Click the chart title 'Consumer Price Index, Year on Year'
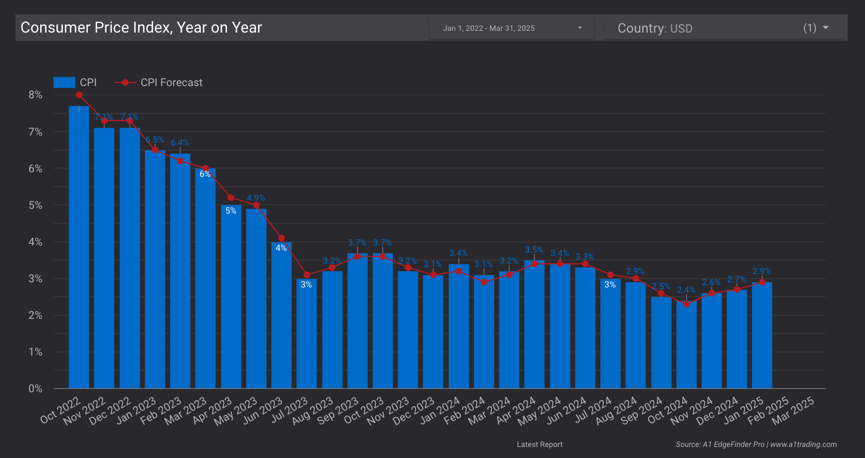(x=141, y=27)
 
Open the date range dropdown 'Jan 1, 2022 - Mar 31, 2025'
(x=512, y=28)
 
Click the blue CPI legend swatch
(x=64, y=83)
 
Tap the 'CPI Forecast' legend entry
(x=171, y=83)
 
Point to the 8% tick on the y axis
(x=35, y=95)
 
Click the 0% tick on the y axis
(x=35, y=388)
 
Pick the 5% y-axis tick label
(x=35, y=205)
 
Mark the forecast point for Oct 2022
(x=79, y=95)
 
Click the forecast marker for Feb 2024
(x=484, y=282)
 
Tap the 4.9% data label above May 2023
(x=256, y=197)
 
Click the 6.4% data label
(x=180, y=143)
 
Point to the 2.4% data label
(x=686, y=290)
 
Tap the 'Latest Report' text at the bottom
(x=540, y=445)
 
